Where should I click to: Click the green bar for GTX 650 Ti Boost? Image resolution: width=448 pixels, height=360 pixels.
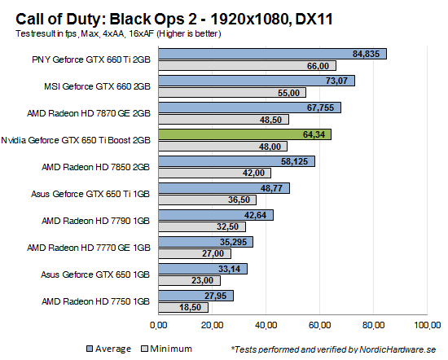[x=244, y=134]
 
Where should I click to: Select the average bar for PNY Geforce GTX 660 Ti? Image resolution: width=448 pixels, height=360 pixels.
[x=272, y=54]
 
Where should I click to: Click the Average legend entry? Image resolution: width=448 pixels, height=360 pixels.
[x=109, y=349]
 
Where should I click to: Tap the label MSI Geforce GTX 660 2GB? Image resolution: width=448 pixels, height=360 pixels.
[x=99, y=86]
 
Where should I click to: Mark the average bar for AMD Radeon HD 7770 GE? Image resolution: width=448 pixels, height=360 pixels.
[x=205, y=242]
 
